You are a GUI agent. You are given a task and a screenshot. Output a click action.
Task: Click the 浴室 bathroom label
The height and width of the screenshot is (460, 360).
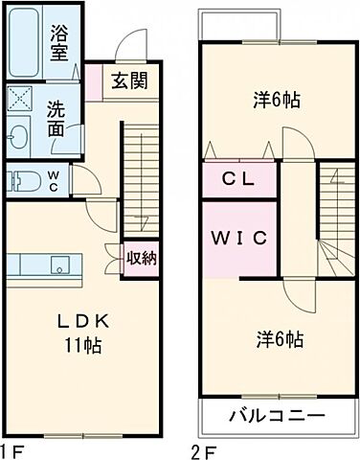pyautogui.click(x=59, y=43)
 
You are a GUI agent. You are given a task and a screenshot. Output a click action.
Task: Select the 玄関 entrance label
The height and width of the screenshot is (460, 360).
pyautogui.click(x=127, y=81)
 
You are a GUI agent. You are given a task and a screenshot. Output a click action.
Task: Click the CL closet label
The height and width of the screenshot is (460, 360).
pyautogui.click(x=238, y=178)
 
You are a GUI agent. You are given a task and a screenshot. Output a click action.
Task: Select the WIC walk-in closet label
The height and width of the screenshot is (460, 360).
pyautogui.click(x=238, y=236)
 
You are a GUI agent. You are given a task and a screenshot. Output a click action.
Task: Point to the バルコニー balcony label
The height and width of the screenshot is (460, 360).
pyautogui.click(x=277, y=416)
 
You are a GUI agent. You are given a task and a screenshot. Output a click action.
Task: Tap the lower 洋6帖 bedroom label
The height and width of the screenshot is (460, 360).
pyautogui.click(x=280, y=339)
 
